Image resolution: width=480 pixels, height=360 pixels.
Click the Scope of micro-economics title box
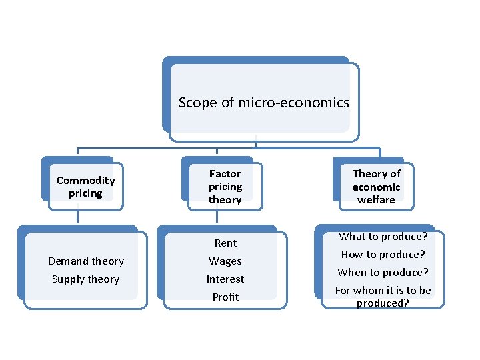[263, 103]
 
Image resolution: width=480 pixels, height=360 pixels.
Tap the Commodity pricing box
[85, 187]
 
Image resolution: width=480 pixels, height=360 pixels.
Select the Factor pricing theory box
[225, 187]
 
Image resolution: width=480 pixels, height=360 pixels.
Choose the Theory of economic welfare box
[376, 187]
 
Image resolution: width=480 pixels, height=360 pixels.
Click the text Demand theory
[85, 261]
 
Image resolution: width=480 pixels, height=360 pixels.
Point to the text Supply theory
[85, 279]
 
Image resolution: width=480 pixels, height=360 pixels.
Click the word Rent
[225, 243]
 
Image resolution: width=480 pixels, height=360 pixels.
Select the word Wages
[225, 261]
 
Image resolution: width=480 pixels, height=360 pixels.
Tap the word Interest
[225, 279]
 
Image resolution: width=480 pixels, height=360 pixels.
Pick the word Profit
[225, 297]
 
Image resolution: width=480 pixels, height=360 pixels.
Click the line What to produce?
[383, 237]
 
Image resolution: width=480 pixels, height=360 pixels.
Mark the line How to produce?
[383, 255]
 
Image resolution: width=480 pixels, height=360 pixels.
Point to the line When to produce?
[383, 273]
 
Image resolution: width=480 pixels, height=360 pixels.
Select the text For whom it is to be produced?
[383, 297]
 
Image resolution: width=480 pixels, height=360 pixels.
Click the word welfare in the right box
[376, 199]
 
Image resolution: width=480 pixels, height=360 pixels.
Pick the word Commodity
[85, 180]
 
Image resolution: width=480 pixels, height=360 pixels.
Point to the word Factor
[225, 173]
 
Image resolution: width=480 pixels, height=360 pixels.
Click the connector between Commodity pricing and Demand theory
[78, 217]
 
